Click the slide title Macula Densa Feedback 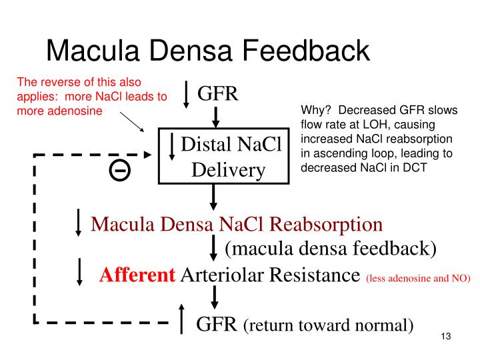[x=207, y=51]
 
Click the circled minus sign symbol [x=121, y=171]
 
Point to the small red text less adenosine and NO [x=417, y=277]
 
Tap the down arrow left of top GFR [x=187, y=95]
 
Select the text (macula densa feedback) [x=330, y=249]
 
